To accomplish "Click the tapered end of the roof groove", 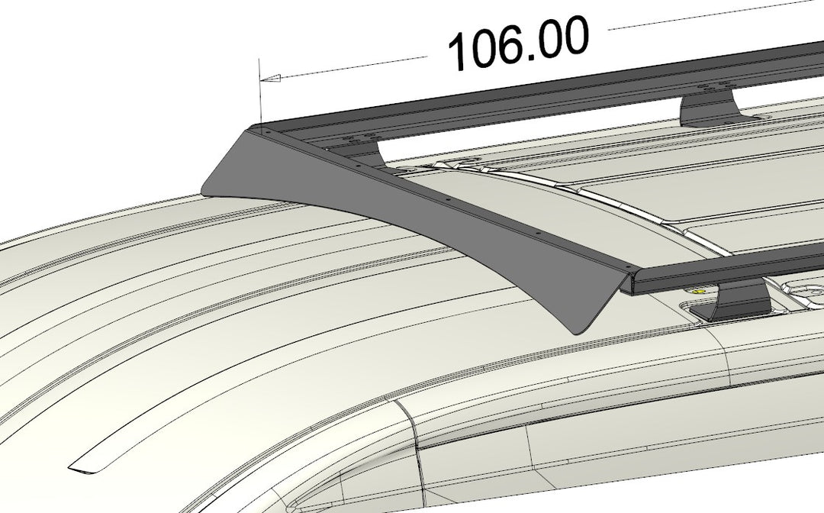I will [76, 466].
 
